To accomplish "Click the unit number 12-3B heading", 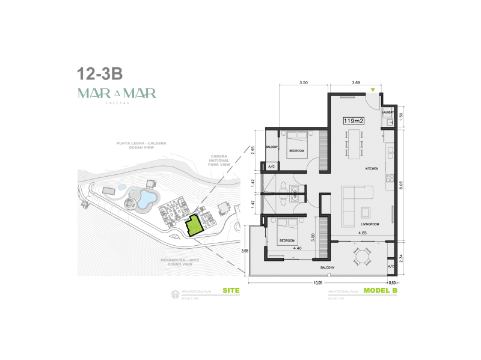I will pyautogui.click(x=100, y=74).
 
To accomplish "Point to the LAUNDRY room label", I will pyautogui.click(x=388, y=112).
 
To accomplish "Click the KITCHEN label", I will pyautogui.click(x=372, y=169).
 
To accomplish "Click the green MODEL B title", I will pyautogui.click(x=381, y=291).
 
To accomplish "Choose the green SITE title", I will pyautogui.click(x=231, y=291).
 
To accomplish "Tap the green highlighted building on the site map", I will pyautogui.click(x=194, y=227).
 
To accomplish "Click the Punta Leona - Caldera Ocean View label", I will pyautogui.click(x=141, y=146).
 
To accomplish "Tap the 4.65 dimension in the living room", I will pyautogui.click(x=363, y=233).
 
